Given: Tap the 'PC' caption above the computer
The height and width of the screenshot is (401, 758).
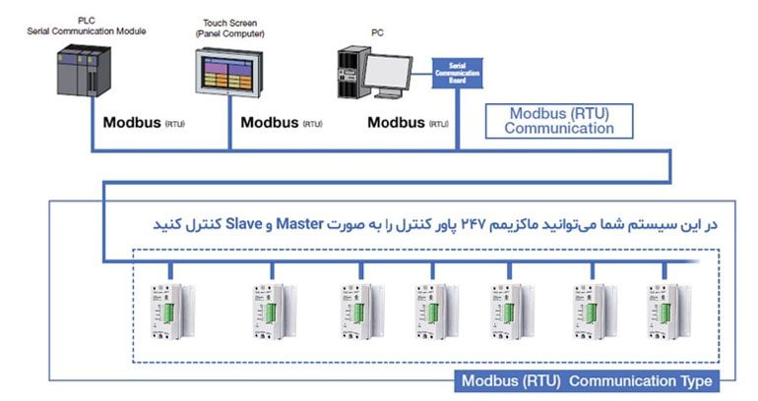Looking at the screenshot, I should (378, 32).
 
